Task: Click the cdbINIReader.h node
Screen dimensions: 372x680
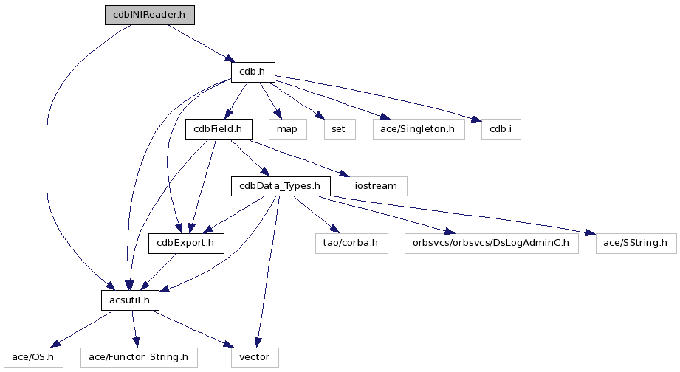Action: click(x=153, y=15)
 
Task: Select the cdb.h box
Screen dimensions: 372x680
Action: click(x=253, y=72)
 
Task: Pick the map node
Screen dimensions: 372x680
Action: click(x=286, y=129)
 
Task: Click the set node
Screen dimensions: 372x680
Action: click(x=339, y=129)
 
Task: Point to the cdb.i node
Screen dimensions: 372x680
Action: click(x=501, y=129)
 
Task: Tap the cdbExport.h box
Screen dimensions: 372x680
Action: click(x=186, y=243)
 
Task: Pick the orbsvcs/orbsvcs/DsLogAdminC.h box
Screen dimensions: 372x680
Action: click(x=492, y=243)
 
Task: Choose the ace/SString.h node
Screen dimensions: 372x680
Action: click(x=636, y=243)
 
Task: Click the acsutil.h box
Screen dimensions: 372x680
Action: click(x=130, y=300)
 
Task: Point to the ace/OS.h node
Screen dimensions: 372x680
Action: click(x=33, y=358)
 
